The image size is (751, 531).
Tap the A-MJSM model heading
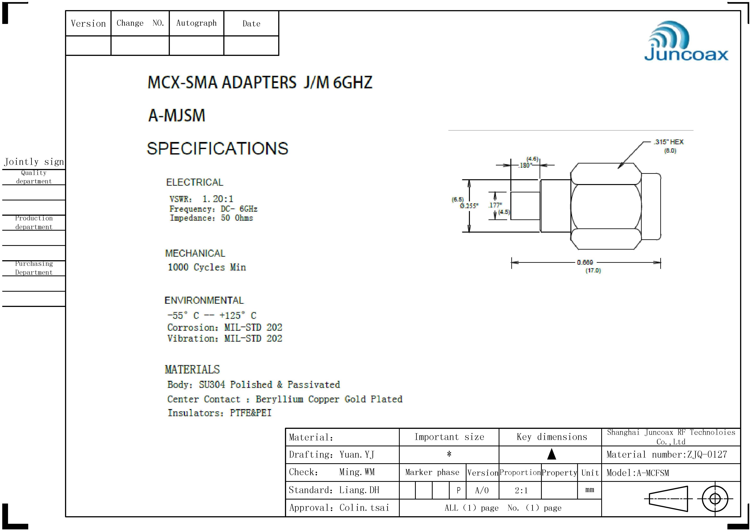pyautogui.click(x=177, y=115)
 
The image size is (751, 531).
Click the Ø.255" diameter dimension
pyautogui.click(x=469, y=206)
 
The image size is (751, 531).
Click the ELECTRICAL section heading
pyautogui.click(x=195, y=182)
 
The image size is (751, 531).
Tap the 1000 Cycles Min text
pyautogui.click(x=207, y=267)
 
